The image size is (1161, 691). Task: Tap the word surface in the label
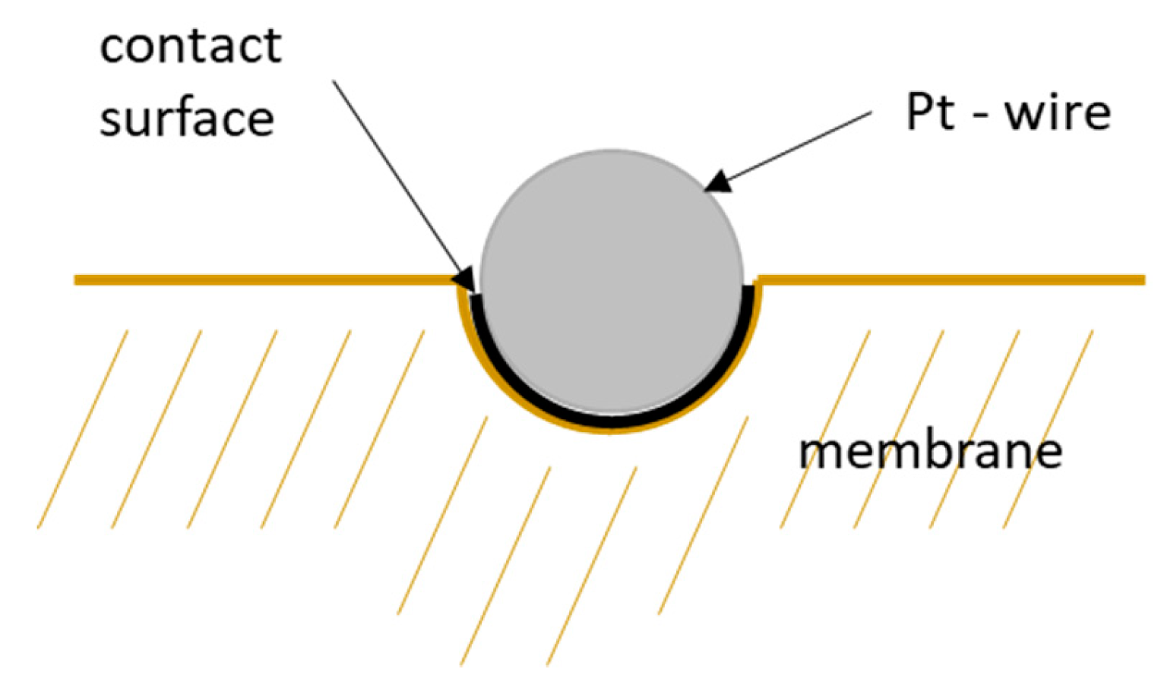(x=186, y=118)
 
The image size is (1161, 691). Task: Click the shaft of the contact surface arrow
(x=395, y=175)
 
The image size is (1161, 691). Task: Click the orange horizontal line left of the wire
(x=266, y=280)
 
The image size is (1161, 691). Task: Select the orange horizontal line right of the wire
(x=950, y=280)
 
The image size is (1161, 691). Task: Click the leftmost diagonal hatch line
(x=82, y=429)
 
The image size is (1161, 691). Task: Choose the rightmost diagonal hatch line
(x=1048, y=429)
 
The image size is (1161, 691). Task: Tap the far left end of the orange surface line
(x=77, y=280)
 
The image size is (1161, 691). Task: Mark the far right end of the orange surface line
(x=1142, y=280)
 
